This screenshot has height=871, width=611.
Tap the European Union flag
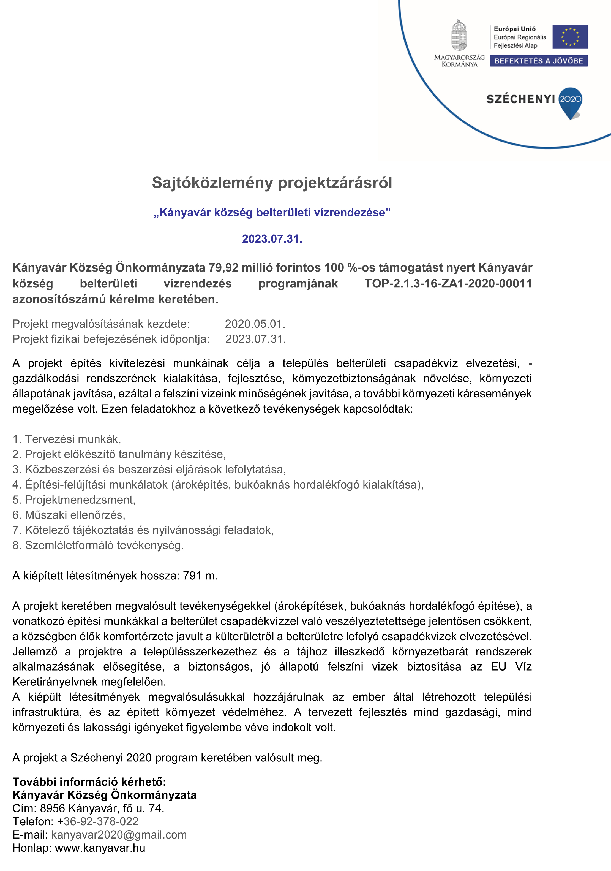pos(570,37)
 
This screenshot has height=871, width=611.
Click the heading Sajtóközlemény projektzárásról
pos(272,183)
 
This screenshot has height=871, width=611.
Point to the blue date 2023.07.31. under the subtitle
pos(272,239)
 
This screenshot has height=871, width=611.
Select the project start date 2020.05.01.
pos(255,324)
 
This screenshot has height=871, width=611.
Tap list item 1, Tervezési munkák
pos(67,439)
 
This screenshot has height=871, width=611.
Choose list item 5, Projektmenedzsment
pos(74,500)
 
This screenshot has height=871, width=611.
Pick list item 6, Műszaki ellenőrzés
pos(69,515)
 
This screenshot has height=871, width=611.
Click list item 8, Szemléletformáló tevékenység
pos(98,546)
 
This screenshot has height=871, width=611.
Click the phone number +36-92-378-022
pos(98,822)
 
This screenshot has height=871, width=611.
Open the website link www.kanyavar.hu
pos(100,848)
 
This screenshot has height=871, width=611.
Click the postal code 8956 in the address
pos(52,808)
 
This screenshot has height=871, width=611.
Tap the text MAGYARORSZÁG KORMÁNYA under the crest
pos(459,61)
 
